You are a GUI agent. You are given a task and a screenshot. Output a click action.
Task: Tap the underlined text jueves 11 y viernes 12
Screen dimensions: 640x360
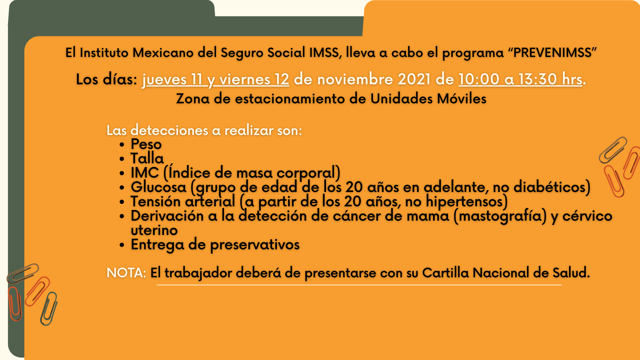click(216, 80)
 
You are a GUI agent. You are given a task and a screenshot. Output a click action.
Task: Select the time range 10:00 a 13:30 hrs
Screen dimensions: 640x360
click(521, 79)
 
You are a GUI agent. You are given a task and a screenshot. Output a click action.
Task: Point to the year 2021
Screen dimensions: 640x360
click(414, 79)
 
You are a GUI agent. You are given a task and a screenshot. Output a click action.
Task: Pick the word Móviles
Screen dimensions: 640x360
click(462, 99)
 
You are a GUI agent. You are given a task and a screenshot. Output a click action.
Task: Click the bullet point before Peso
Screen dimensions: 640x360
click(122, 145)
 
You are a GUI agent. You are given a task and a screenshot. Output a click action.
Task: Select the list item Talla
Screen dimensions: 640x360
click(147, 158)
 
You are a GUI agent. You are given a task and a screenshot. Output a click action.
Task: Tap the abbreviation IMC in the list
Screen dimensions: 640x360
click(145, 173)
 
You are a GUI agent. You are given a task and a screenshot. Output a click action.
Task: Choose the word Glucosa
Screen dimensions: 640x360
click(158, 187)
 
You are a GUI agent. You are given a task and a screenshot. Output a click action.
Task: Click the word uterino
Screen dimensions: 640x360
click(154, 230)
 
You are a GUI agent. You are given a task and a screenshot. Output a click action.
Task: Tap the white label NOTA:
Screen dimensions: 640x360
click(126, 273)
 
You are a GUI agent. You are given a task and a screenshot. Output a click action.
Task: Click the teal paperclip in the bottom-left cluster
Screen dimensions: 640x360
click(49, 309)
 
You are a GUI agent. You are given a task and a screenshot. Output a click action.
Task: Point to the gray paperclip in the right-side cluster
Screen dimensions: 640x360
click(613, 150)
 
